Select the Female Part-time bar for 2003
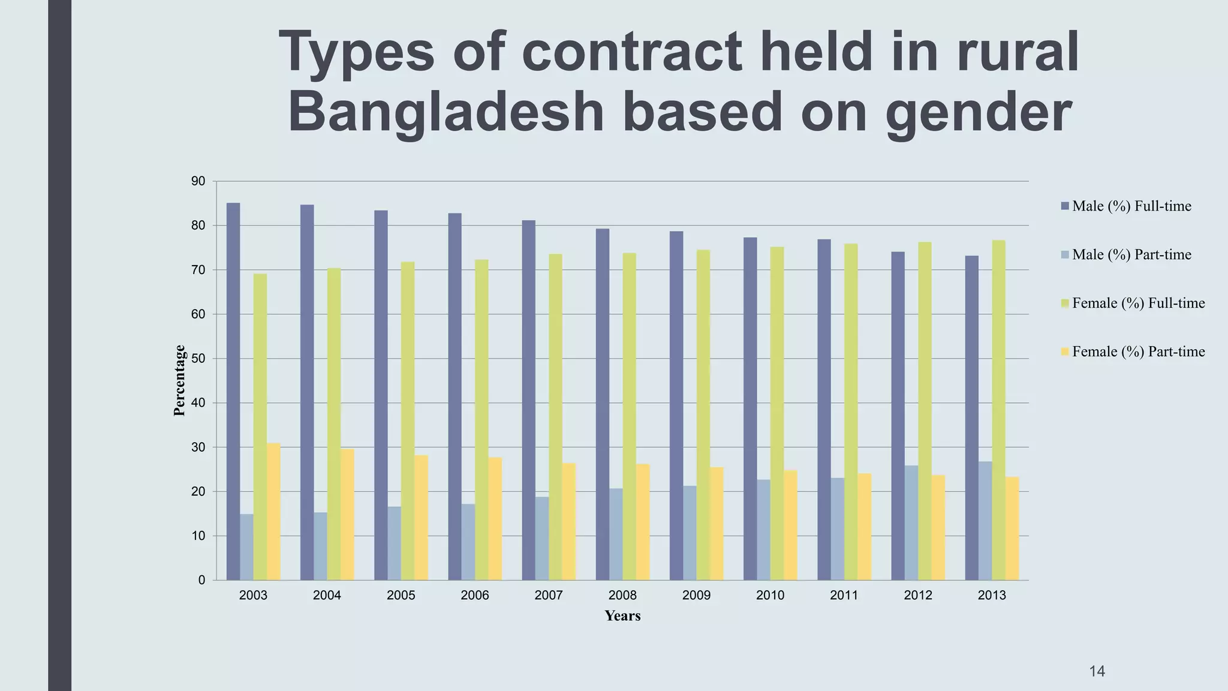[273, 512]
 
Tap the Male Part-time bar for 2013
[985, 521]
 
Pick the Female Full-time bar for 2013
[998, 410]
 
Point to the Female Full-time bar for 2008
[629, 416]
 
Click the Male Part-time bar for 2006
[468, 542]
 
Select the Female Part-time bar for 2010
[790, 525]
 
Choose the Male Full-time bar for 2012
[898, 416]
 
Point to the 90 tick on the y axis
[198, 181]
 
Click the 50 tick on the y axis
[198, 359]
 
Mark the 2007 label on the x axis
[549, 596]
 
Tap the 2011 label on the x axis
[844, 596]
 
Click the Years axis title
[622, 616]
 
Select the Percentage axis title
[179, 380]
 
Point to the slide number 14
[1097, 671]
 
